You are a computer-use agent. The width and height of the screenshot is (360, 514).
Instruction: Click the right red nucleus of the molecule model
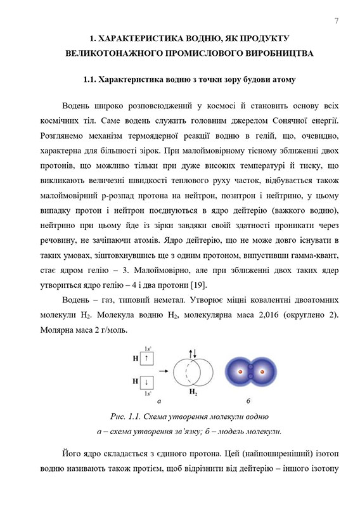[261, 371]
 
